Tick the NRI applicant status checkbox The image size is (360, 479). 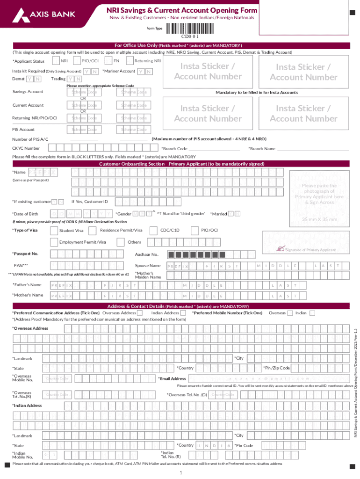[56, 61]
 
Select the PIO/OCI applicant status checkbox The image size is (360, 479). [77, 61]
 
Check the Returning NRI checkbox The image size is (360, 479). [130, 61]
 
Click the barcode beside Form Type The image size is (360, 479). [189, 29]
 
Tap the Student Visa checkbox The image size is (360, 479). [54, 230]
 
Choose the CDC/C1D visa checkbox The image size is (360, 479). [153, 230]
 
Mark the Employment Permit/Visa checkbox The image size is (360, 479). [54, 242]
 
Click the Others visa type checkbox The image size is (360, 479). [122, 242]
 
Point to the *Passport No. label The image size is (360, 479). [25, 254]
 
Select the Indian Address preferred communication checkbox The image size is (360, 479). [184, 312]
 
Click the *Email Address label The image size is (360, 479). [172, 378]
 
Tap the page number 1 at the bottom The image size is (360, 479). [180, 472]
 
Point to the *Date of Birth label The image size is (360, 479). [25, 214]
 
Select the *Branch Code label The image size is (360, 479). [174, 148]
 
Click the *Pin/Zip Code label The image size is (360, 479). [276, 368]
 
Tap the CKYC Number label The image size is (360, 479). [26, 148]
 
